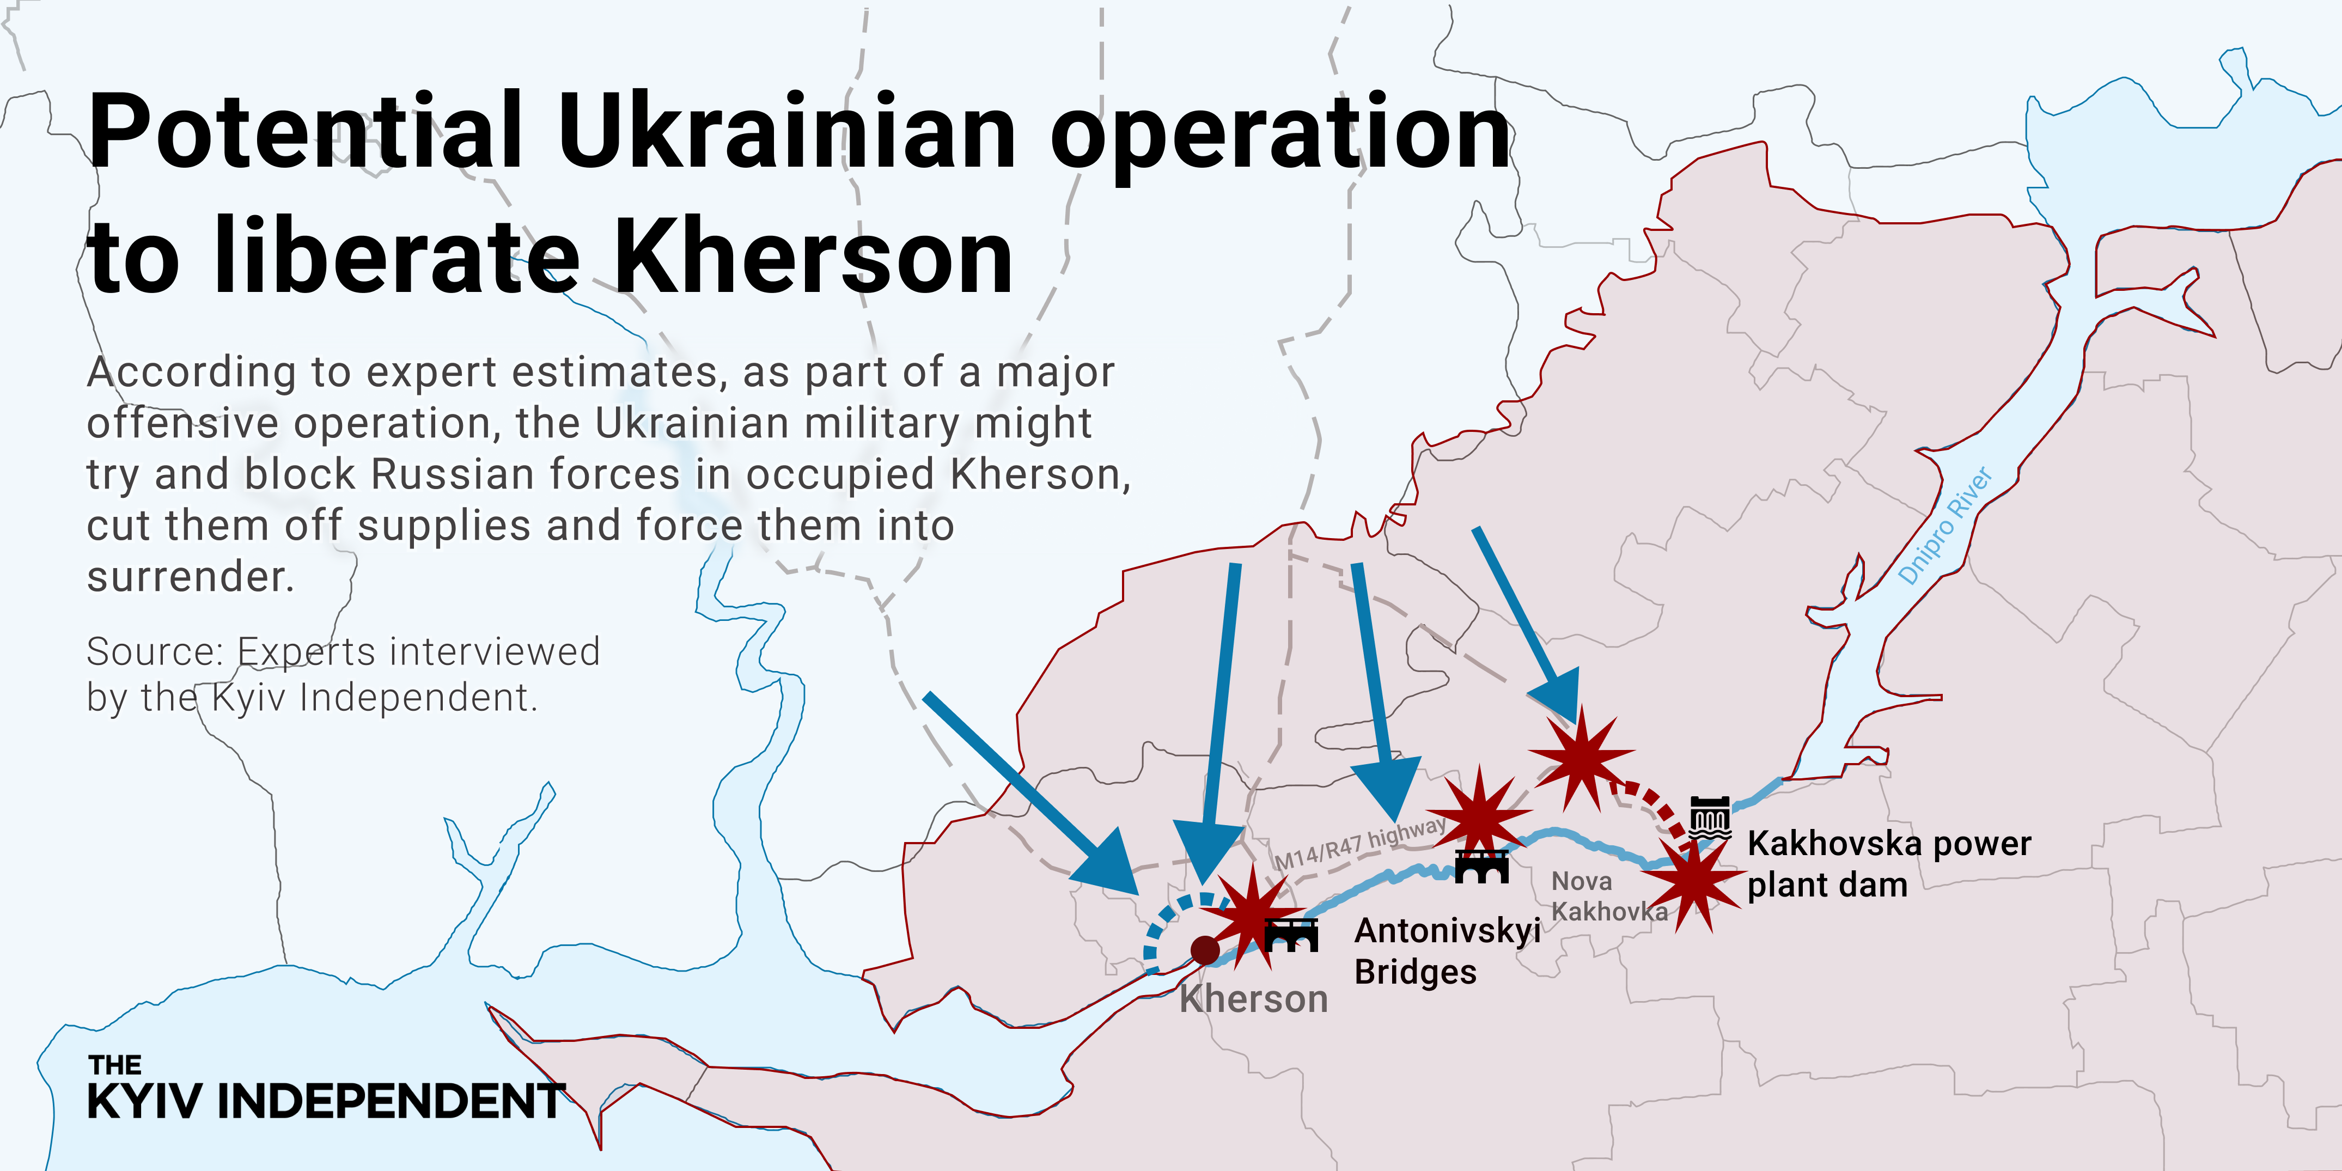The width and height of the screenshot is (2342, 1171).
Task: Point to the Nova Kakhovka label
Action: pos(1607,895)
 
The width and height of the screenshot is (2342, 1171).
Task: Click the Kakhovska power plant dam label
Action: pos(1888,864)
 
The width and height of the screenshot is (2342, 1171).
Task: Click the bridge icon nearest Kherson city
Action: pos(1291,935)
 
